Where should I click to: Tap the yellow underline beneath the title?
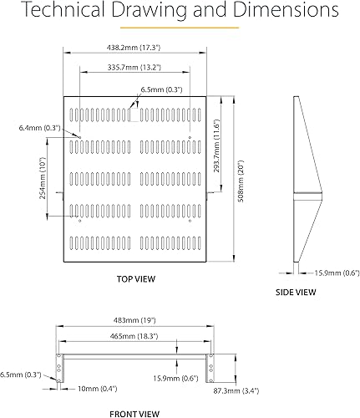click(180, 28)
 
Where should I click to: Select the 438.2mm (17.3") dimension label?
click(134, 49)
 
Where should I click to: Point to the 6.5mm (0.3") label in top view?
click(162, 89)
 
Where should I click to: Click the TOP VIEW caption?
click(134, 278)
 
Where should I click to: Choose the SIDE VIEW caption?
click(295, 293)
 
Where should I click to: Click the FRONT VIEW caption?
click(134, 413)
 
